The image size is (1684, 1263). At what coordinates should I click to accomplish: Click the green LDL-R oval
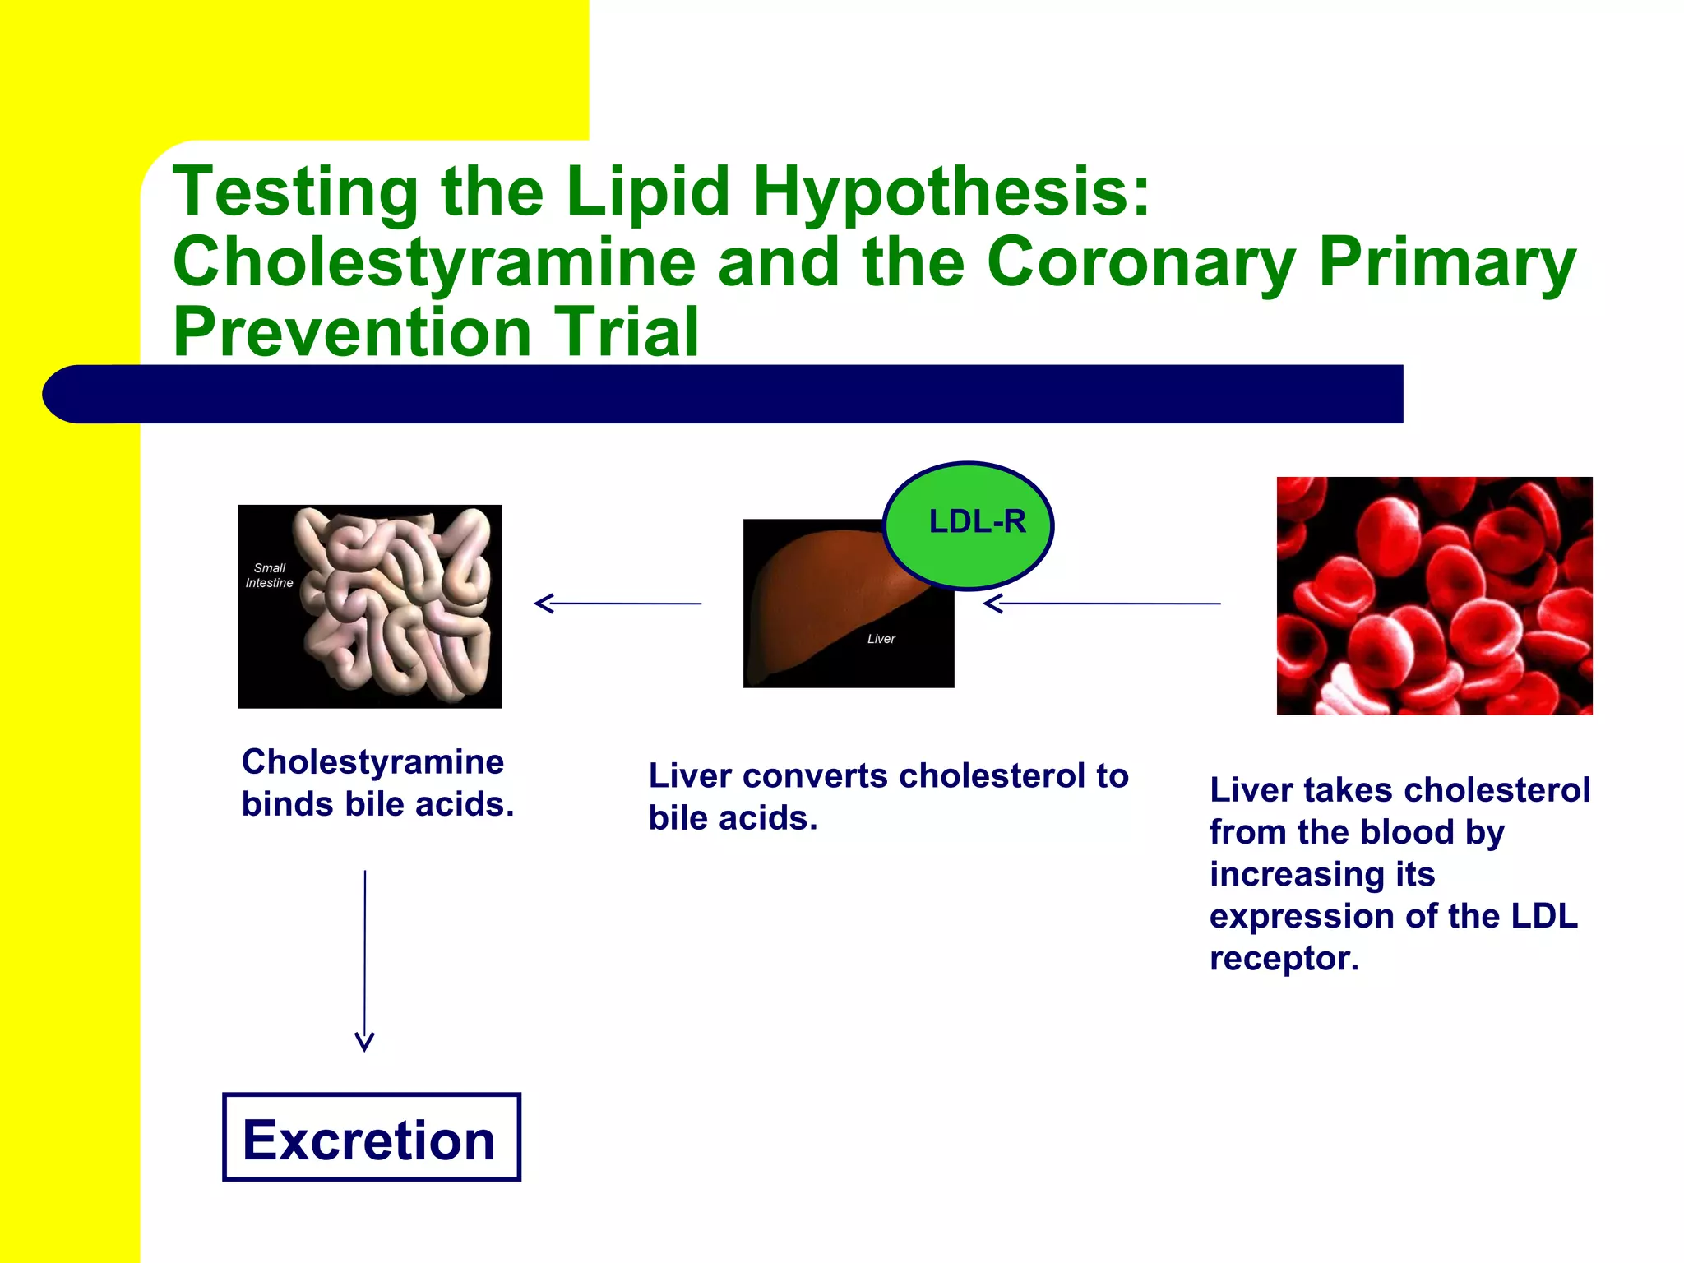[x=968, y=526]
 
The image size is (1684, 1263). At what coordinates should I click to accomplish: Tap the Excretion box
[x=371, y=1137]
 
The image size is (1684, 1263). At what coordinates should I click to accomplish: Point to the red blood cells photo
[x=1434, y=595]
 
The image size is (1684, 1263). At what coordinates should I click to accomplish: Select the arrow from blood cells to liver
[x=1102, y=604]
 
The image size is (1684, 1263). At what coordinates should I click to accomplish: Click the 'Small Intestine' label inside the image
[x=269, y=576]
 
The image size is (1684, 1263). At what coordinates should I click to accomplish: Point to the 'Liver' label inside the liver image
[x=881, y=639]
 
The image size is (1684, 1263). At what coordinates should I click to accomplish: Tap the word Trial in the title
[x=625, y=332]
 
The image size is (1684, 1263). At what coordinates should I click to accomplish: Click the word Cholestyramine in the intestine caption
[x=372, y=762]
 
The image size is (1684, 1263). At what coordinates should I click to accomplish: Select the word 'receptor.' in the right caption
[x=1284, y=959]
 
